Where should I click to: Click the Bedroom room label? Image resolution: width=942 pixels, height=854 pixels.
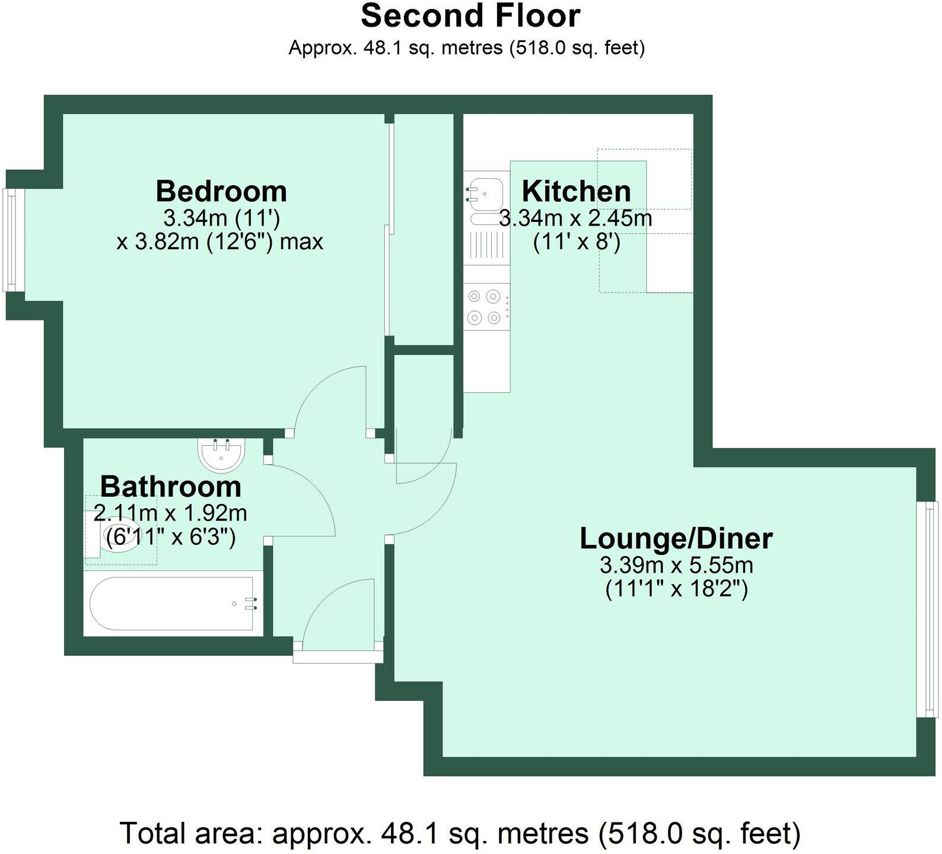point(221,192)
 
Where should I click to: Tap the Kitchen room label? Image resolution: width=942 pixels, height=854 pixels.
point(576,192)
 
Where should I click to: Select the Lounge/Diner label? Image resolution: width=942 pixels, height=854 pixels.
point(676,539)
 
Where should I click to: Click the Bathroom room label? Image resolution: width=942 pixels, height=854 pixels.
point(171,487)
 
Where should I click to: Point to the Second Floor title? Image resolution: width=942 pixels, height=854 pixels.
point(470,16)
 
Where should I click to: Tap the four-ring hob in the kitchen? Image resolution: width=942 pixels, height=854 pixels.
point(485,306)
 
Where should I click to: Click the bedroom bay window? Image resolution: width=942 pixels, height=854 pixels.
point(10,240)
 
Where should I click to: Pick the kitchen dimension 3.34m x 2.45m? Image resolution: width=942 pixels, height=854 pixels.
point(575,219)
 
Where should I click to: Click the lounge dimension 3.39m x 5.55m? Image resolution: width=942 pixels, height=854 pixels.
point(676,565)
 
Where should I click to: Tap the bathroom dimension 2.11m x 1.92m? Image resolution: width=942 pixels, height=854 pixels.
point(171,513)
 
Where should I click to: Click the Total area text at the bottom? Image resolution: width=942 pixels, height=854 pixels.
point(460,833)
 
